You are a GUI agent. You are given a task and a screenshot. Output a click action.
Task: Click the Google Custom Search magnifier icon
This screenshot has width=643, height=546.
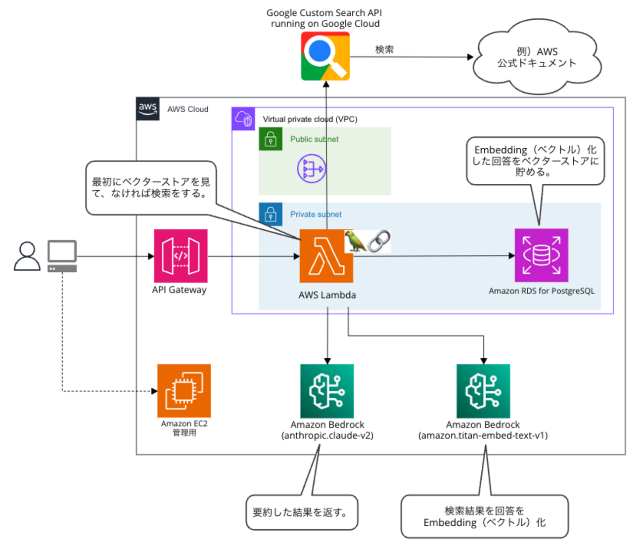325,56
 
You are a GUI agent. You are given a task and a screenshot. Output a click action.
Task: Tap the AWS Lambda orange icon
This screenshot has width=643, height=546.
326,256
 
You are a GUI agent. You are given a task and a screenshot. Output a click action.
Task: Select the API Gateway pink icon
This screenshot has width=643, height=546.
181,256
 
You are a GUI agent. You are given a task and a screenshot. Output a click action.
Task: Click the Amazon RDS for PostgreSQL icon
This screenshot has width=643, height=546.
541,255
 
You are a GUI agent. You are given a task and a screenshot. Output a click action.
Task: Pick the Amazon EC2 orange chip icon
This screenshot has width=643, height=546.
184,391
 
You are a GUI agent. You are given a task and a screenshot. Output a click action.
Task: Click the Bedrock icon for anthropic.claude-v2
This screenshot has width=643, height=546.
327,391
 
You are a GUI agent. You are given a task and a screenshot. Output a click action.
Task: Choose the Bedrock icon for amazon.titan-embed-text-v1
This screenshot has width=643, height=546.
483,391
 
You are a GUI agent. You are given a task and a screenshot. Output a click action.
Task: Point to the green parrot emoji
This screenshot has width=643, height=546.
355,241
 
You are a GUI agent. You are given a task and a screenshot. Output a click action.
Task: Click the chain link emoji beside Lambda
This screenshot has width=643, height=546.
379,241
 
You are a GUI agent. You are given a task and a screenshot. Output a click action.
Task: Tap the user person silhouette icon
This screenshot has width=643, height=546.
27,256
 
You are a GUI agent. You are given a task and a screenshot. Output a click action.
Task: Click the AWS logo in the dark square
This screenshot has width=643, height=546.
148,109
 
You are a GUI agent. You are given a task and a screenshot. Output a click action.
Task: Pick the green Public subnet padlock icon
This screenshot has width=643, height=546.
271,139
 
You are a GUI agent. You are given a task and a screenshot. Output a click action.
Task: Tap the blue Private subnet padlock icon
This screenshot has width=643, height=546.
271,214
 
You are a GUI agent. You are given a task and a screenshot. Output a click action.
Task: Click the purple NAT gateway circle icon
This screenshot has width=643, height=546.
312,169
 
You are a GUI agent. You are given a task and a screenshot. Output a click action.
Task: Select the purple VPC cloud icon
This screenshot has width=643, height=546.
243,119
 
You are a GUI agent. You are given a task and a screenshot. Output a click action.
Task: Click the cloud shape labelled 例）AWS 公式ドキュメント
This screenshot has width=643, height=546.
537,57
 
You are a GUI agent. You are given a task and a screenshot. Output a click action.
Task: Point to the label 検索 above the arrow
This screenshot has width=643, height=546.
384,49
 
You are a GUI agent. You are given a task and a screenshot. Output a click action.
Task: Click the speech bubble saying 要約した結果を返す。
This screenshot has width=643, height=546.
302,512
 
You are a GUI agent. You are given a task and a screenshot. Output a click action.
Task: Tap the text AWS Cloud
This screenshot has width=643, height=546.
187,109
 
